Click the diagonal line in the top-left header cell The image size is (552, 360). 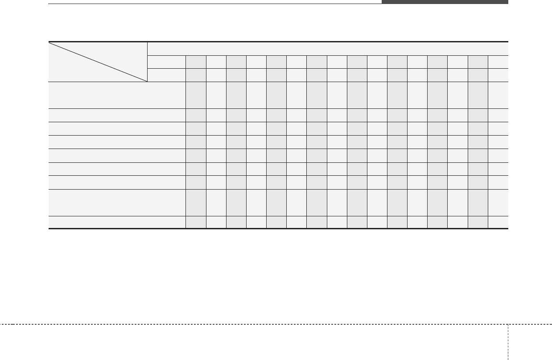pos(98,62)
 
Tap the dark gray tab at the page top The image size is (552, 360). pos(445,2)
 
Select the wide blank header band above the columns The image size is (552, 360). pos(328,49)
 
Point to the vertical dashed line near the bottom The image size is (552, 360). pos(508,341)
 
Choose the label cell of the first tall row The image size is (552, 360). pos(117,95)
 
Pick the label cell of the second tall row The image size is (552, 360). pos(117,203)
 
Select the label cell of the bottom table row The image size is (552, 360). pos(117,222)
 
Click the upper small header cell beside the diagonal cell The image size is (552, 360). pos(166,62)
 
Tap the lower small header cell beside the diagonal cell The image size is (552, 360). pos(166,75)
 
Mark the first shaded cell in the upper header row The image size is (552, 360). pos(196,62)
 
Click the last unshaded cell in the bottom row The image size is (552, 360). pos(498,222)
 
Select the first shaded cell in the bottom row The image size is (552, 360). pos(196,222)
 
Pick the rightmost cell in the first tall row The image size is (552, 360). pos(498,95)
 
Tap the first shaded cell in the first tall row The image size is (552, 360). pos(196,95)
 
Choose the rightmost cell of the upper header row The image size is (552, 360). pos(498,62)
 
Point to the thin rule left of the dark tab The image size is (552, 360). pos(214,4)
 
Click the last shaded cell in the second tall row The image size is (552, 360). pos(478,203)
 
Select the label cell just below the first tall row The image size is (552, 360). pos(117,115)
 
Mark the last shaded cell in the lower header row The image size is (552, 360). pos(478,75)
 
